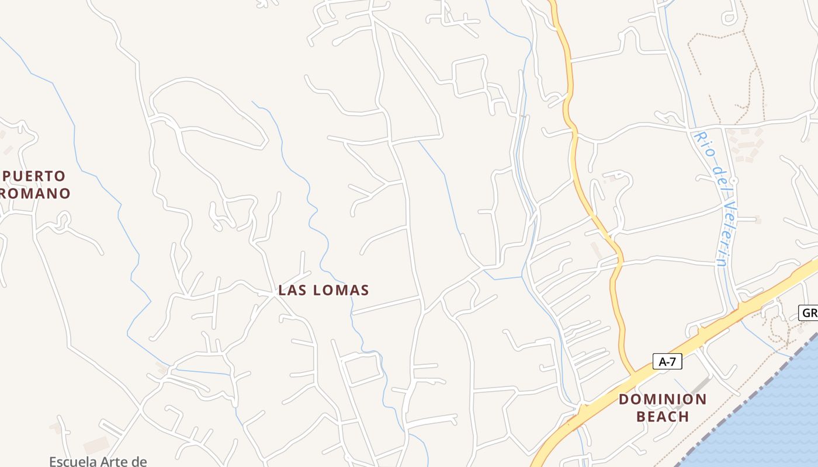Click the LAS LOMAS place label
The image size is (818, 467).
pyautogui.click(x=324, y=290)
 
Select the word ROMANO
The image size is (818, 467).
pyautogui.click(x=35, y=193)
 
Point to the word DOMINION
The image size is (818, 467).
pyautogui.click(x=663, y=400)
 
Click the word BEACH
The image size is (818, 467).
pyautogui.click(x=663, y=417)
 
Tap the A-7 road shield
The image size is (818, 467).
pyautogui.click(x=667, y=362)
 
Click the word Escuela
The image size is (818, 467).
pyautogui.click(x=73, y=462)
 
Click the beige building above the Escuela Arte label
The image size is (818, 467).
pyautogui.click(x=96, y=445)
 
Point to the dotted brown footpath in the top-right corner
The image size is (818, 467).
pyautogui.click(x=719, y=35)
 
